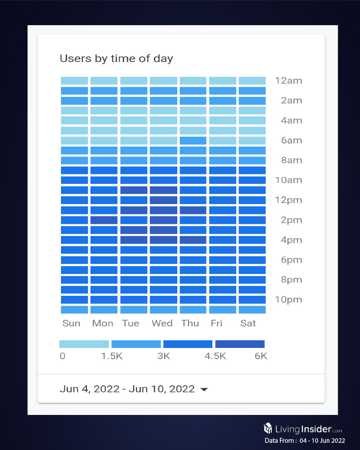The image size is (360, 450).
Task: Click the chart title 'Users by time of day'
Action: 116,58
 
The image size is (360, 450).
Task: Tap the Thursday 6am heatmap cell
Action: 193,141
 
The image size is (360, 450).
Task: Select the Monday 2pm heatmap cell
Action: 104,220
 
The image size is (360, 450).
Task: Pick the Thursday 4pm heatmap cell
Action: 193,240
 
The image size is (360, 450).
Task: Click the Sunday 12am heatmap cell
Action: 74,81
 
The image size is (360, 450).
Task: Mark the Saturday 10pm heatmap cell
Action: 252,300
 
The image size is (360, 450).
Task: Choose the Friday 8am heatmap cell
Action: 223,160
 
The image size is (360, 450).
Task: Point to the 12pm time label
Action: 288,200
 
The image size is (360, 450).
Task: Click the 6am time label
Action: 291,141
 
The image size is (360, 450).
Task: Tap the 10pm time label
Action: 288,300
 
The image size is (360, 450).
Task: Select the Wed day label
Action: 162,323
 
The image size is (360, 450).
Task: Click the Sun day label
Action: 71,323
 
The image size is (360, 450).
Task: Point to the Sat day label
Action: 248,323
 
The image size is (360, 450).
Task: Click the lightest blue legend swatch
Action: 84,344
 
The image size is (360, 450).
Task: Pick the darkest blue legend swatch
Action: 240,344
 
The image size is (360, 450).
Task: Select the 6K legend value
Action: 261,356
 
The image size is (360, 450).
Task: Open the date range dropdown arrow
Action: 204,390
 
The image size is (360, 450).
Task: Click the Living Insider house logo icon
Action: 268,428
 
